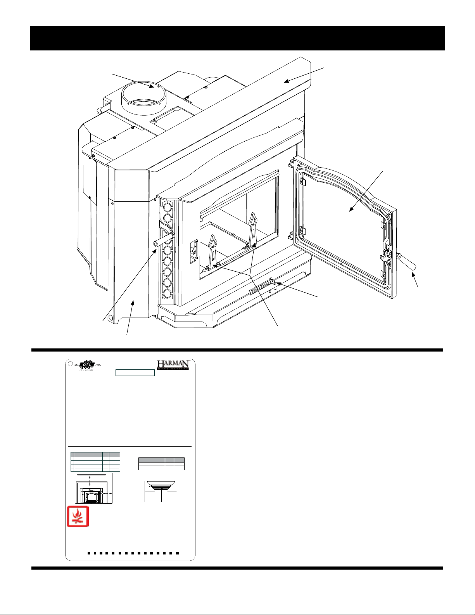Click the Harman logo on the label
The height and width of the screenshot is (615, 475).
173,365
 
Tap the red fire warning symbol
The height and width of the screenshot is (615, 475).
78,516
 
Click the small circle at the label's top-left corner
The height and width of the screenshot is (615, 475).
70,364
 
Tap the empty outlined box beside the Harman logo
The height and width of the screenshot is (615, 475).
135,373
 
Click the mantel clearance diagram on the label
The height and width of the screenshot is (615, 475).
93,488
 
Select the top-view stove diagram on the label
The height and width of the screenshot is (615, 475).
161,491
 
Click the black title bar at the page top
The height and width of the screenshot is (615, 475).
237,38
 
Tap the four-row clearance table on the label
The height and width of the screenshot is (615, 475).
95,462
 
